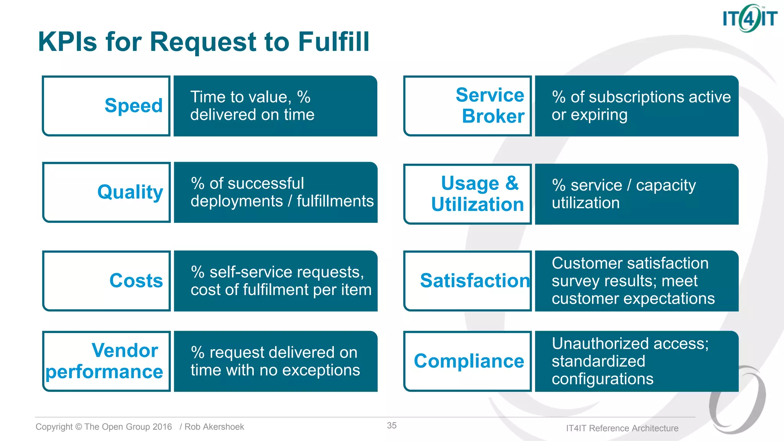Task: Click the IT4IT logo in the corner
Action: click(x=749, y=18)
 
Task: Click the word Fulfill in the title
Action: click(x=333, y=41)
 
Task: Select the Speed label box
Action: click(x=106, y=106)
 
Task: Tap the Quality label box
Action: click(x=106, y=192)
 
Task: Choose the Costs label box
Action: click(x=106, y=281)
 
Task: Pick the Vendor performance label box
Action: click(x=106, y=361)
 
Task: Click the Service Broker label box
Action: click(x=467, y=106)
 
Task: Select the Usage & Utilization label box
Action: click(x=467, y=194)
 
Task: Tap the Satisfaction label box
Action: click(x=467, y=281)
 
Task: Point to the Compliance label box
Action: click(x=467, y=361)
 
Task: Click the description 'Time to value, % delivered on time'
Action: click(x=252, y=106)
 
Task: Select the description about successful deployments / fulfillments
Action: click(x=282, y=192)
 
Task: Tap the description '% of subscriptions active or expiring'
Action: click(x=641, y=106)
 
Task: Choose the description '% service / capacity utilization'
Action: click(x=624, y=194)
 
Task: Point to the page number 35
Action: click(x=392, y=426)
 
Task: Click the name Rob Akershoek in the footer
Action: click(x=214, y=427)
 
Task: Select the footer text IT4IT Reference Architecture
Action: click(x=622, y=428)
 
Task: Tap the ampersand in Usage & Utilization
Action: click(x=512, y=183)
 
